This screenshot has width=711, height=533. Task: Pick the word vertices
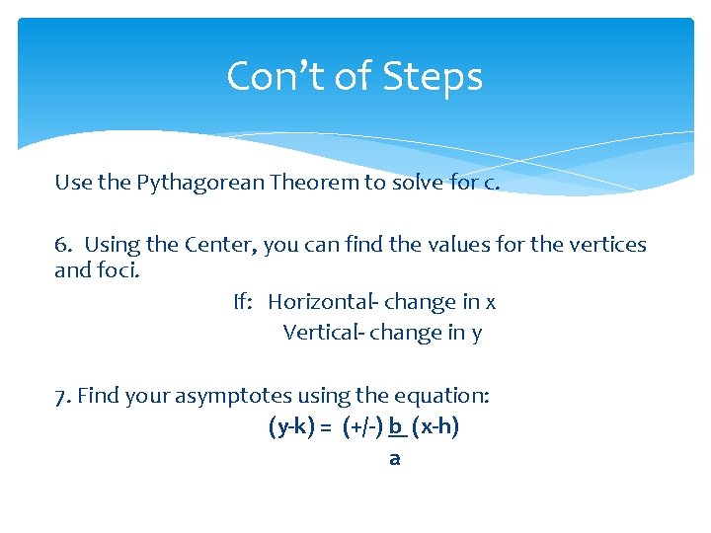click(x=604, y=244)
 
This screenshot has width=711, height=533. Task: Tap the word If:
click(x=243, y=302)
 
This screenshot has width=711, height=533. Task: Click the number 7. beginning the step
click(x=62, y=396)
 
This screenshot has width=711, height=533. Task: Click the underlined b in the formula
click(x=395, y=427)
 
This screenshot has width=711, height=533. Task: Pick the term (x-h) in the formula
click(x=435, y=427)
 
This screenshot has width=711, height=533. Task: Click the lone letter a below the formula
click(x=395, y=459)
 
